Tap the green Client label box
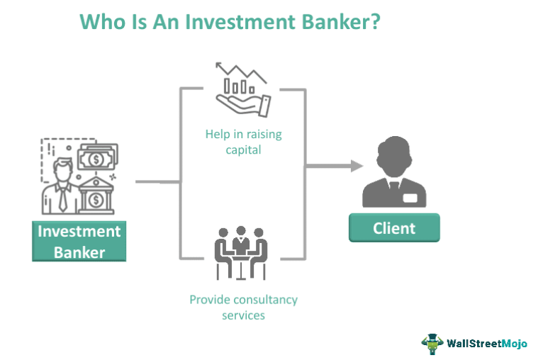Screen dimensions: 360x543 (394, 228)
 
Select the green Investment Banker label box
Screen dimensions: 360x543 (79, 242)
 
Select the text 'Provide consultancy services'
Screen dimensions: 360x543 (243, 307)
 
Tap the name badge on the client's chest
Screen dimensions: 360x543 (412, 198)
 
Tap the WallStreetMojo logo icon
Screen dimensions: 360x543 (432, 342)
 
